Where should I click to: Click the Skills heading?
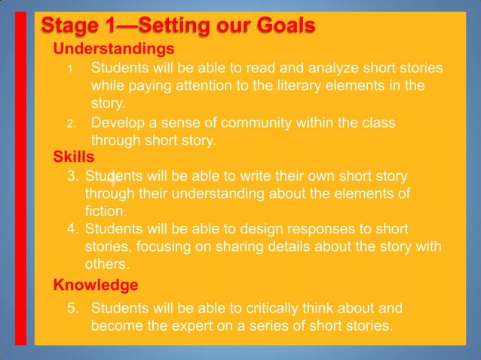(73, 157)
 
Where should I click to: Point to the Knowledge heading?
(95, 285)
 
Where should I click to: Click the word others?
(106, 264)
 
